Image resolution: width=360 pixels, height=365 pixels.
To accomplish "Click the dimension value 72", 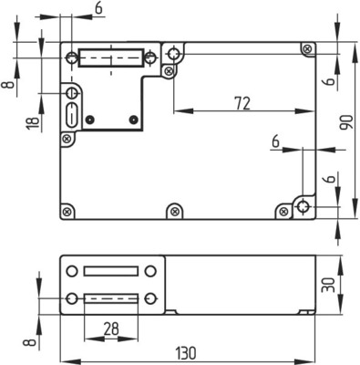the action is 242,103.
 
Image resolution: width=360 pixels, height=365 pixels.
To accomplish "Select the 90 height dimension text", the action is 346,122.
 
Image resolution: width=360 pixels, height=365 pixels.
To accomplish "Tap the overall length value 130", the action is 186,353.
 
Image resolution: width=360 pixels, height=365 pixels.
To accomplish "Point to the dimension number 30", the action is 328,285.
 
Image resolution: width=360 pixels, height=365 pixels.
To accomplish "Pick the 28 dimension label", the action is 111,328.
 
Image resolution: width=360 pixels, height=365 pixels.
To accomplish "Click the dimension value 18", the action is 33,123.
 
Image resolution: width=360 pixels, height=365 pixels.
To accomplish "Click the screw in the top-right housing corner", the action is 307,48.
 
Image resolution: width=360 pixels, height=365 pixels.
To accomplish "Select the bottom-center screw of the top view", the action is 174,211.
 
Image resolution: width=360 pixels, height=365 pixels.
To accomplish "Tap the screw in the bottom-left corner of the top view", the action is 67,211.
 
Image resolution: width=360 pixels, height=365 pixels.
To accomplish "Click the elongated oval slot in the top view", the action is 72,115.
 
